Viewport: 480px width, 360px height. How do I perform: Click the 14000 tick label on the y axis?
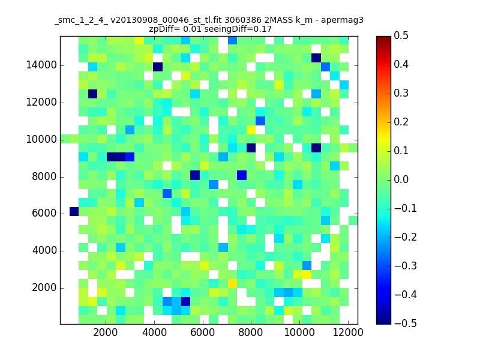coord(41,65)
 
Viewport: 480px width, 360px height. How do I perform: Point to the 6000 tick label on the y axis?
coord(44,214)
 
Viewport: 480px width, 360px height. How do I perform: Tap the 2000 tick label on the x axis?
coord(106,332)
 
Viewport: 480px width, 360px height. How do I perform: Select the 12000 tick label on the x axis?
coord(348,332)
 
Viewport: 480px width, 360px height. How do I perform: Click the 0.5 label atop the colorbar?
coord(401,35)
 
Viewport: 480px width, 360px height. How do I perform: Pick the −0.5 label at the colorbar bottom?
coord(406,323)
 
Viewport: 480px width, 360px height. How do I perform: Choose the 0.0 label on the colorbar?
coord(401,179)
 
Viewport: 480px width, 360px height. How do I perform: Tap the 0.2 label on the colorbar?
coord(401,122)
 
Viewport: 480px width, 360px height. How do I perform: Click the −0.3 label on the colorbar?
coord(406,266)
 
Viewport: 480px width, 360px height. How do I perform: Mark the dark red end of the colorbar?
coord(383,38)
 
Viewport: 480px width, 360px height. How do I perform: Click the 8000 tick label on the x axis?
coord(251,332)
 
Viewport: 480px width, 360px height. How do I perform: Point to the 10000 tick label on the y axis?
coord(41,139)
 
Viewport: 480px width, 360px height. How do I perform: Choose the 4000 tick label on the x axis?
coord(154,332)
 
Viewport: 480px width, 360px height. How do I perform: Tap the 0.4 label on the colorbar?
coord(401,64)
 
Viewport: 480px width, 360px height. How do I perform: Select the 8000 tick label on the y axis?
coord(44,176)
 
